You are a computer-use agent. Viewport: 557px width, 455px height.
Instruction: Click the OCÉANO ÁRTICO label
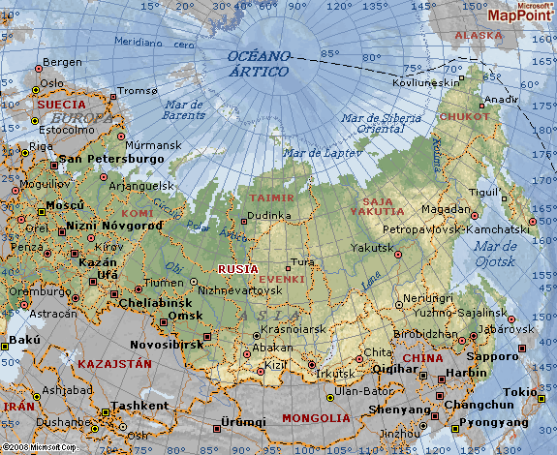258,64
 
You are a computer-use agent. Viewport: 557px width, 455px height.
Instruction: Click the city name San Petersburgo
112,158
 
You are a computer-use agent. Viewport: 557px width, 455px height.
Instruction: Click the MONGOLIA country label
315,417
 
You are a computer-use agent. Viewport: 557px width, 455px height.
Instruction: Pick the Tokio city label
519,391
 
